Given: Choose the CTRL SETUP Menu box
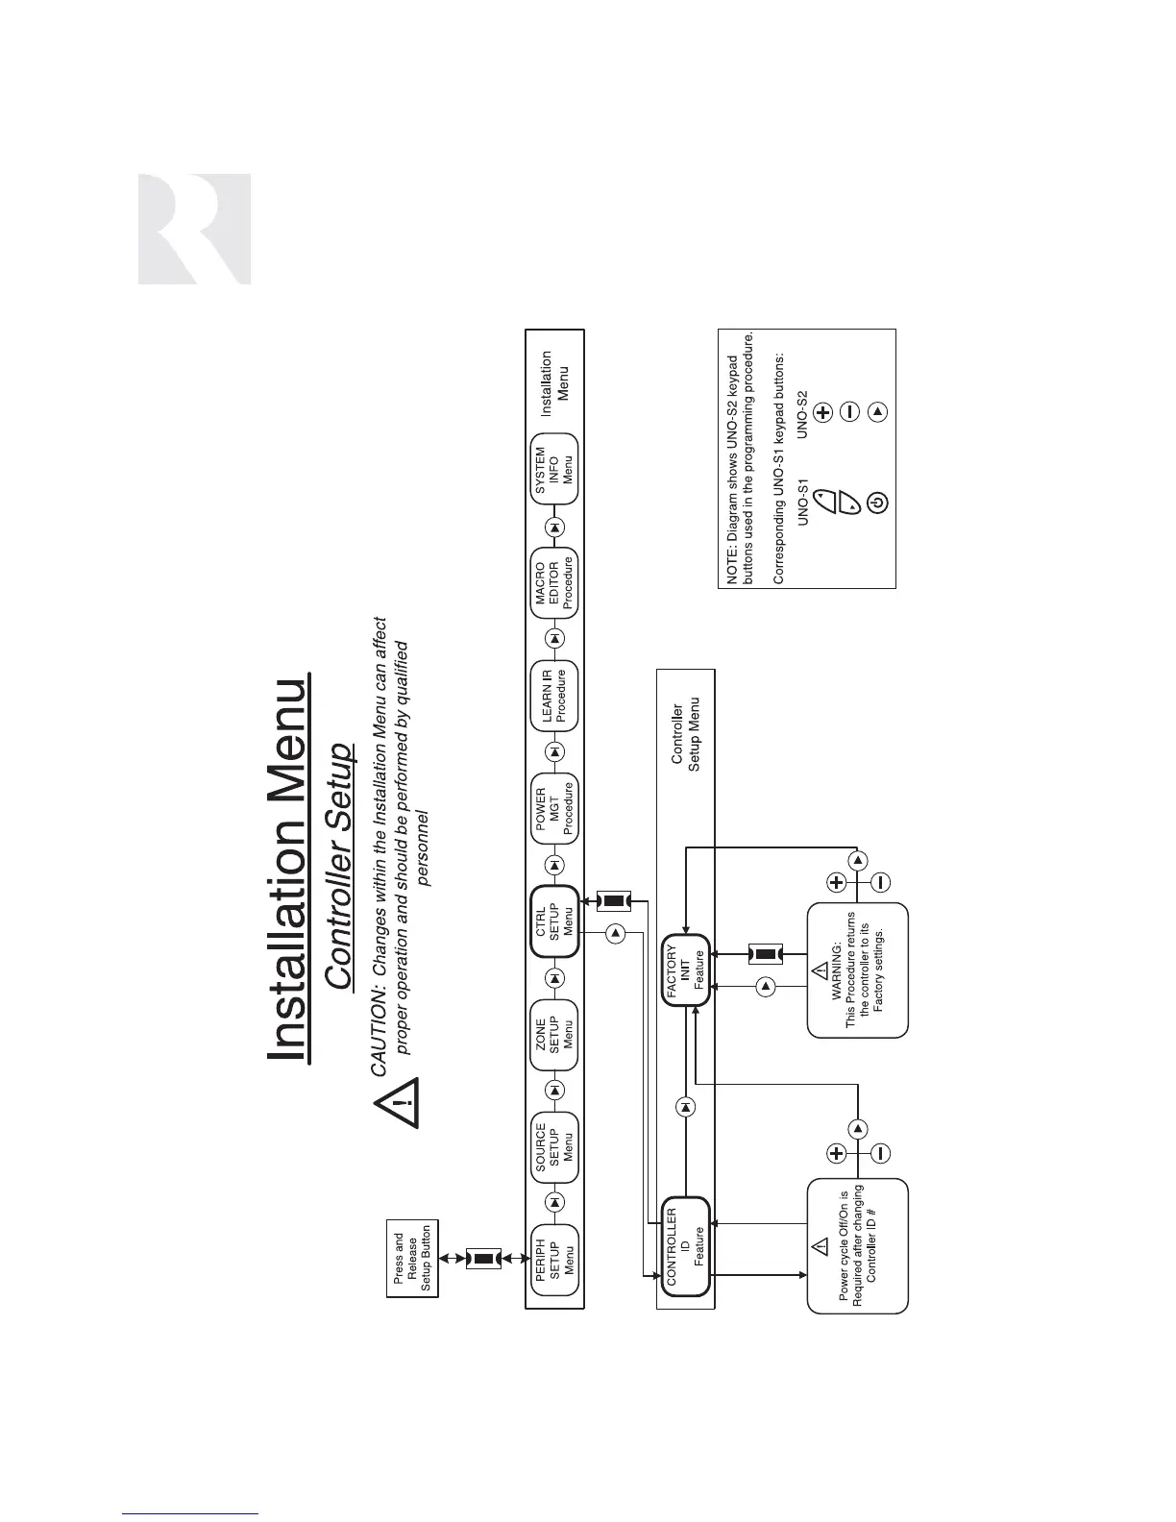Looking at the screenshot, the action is tap(555, 921).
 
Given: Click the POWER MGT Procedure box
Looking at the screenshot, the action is tap(555, 808).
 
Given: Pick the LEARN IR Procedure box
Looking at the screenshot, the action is tap(555, 695).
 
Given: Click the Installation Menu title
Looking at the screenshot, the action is tap(287, 871).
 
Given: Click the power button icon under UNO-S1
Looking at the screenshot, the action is tap(878, 502).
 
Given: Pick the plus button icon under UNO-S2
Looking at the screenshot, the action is tap(823, 412).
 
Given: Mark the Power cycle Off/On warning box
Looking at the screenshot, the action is tap(858, 1245).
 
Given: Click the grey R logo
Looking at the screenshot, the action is tap(195, 229).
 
